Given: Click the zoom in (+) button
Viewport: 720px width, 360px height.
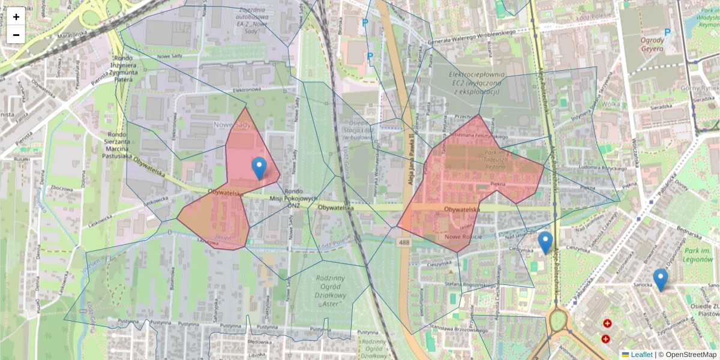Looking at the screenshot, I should [16, 17].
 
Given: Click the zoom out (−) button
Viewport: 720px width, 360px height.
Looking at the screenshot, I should [16, 35].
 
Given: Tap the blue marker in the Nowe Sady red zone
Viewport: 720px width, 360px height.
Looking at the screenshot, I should [259, 169].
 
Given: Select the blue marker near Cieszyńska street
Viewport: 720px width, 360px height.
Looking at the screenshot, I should [545, 242].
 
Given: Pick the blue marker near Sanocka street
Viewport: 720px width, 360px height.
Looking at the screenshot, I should [660, 280].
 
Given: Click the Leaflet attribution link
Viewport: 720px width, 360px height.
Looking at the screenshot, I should [641, 355].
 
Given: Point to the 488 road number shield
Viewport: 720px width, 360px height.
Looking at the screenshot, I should [403, 241].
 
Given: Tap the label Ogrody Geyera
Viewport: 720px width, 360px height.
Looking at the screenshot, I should [652, 44].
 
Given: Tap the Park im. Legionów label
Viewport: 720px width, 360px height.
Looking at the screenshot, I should [698, 255].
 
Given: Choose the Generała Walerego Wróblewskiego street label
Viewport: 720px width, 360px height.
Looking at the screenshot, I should [472, 37].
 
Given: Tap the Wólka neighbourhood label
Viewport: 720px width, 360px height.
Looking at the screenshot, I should [610, 103].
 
